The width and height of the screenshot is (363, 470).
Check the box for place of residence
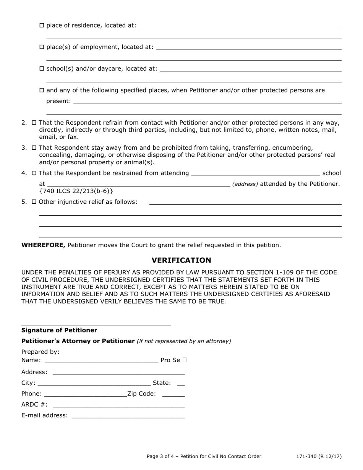click(x=42, y=26)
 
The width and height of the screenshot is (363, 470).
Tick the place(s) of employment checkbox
click(x=42, y=47)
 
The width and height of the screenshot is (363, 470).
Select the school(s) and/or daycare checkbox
click(x=42, y=69)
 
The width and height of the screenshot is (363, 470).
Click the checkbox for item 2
click(x=34, y=123)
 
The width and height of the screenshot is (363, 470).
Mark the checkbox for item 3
click(x=34, y=148)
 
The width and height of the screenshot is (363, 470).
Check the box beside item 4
click(x=34, y=173)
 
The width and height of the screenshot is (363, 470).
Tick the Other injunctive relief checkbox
click(x=34, y=202)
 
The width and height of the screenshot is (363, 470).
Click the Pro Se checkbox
click(x=185, y=360)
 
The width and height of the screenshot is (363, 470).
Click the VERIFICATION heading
click(x=181, y=261)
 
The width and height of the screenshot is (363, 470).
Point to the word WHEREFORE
click(x=44, y=245)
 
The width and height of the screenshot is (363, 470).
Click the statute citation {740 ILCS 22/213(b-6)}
click(x=76, y=191)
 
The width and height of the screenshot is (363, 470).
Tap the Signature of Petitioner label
click(x=59, y=331)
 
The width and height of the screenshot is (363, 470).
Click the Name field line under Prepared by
click(x=101, y=360)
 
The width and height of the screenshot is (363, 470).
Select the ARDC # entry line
click(x=118, y=405)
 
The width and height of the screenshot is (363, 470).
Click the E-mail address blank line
click(x=128, y=416)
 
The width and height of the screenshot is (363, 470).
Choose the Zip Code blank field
click(x=173, y=394)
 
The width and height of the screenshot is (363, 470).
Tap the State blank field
click(x=181, y=383)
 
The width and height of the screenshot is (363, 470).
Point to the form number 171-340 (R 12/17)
click(x=319, y=457)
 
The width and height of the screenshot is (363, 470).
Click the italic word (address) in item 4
click(x=245, y=184)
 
